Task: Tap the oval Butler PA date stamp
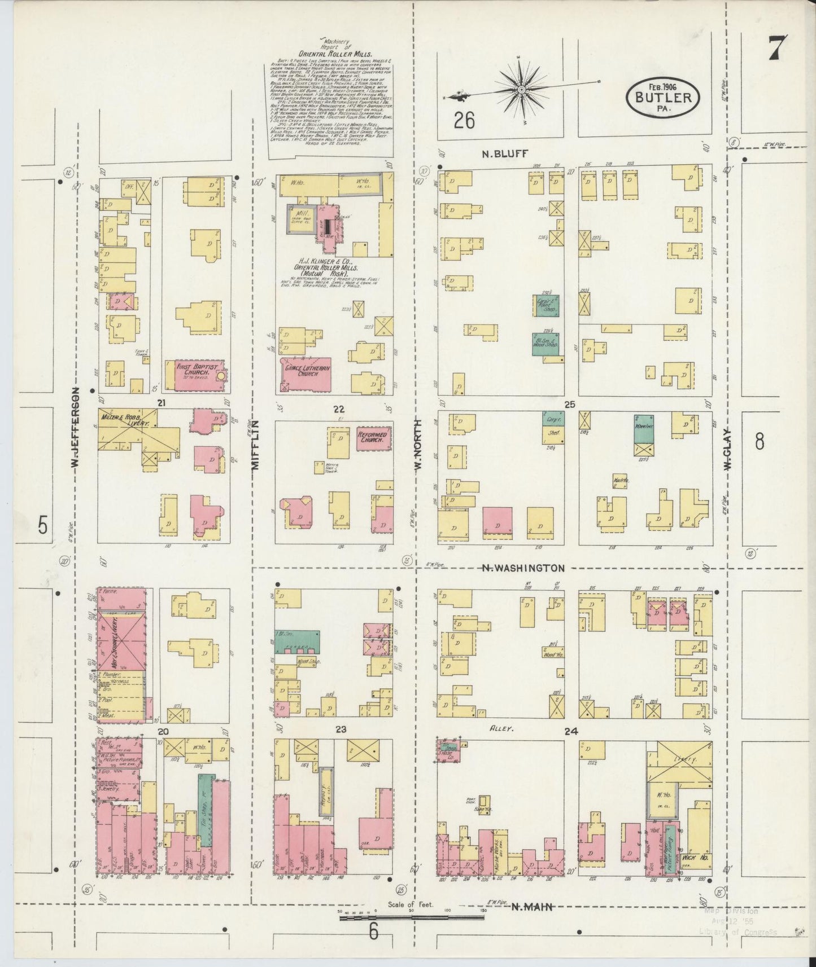pos(663,97)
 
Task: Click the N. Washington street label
pos(523,568)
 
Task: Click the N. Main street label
pos(531,907)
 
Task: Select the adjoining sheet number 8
pos(760,441)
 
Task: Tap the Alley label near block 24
pos(500,729)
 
